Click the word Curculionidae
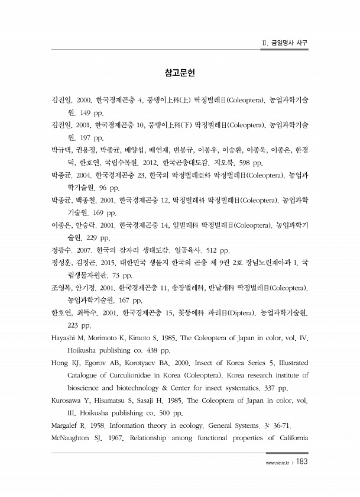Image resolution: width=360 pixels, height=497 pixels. coord(138,375)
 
